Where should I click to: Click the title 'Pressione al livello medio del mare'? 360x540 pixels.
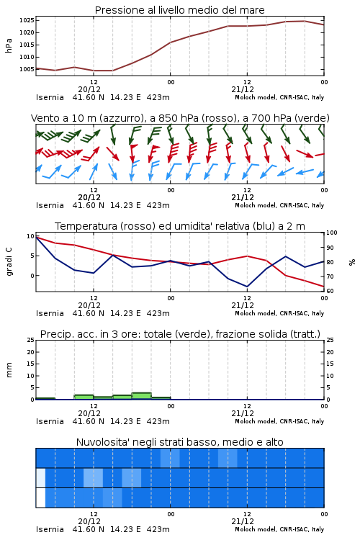click(179, 10)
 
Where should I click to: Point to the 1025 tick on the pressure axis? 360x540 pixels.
click(27, 20)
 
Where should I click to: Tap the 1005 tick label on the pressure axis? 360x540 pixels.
click(27, 69)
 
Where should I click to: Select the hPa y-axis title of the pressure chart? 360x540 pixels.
click(9, 45)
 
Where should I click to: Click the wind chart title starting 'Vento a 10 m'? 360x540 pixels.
click(180, 118)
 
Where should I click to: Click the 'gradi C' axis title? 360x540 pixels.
click(9, 262)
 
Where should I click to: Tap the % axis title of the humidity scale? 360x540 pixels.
click(352, 262)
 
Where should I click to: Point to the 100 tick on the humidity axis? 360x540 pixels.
click(332, 233)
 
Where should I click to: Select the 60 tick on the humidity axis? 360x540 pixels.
click(330, 291)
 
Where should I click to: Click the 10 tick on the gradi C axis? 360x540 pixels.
click(30, 236)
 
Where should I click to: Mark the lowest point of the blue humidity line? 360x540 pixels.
click(247, 287)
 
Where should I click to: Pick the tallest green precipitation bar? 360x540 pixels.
click(142, 396)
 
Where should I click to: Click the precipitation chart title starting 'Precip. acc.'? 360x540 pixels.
click(180, 334)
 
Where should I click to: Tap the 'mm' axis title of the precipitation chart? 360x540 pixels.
click(9, 370)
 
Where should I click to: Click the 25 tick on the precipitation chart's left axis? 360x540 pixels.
click(30, 340)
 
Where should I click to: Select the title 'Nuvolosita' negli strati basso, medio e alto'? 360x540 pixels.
click(180, 442)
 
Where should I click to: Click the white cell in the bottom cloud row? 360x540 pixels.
click(40, 498)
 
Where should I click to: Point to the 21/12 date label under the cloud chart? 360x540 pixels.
click(243, 521)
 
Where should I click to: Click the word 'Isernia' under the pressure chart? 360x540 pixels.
click(50, 97)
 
